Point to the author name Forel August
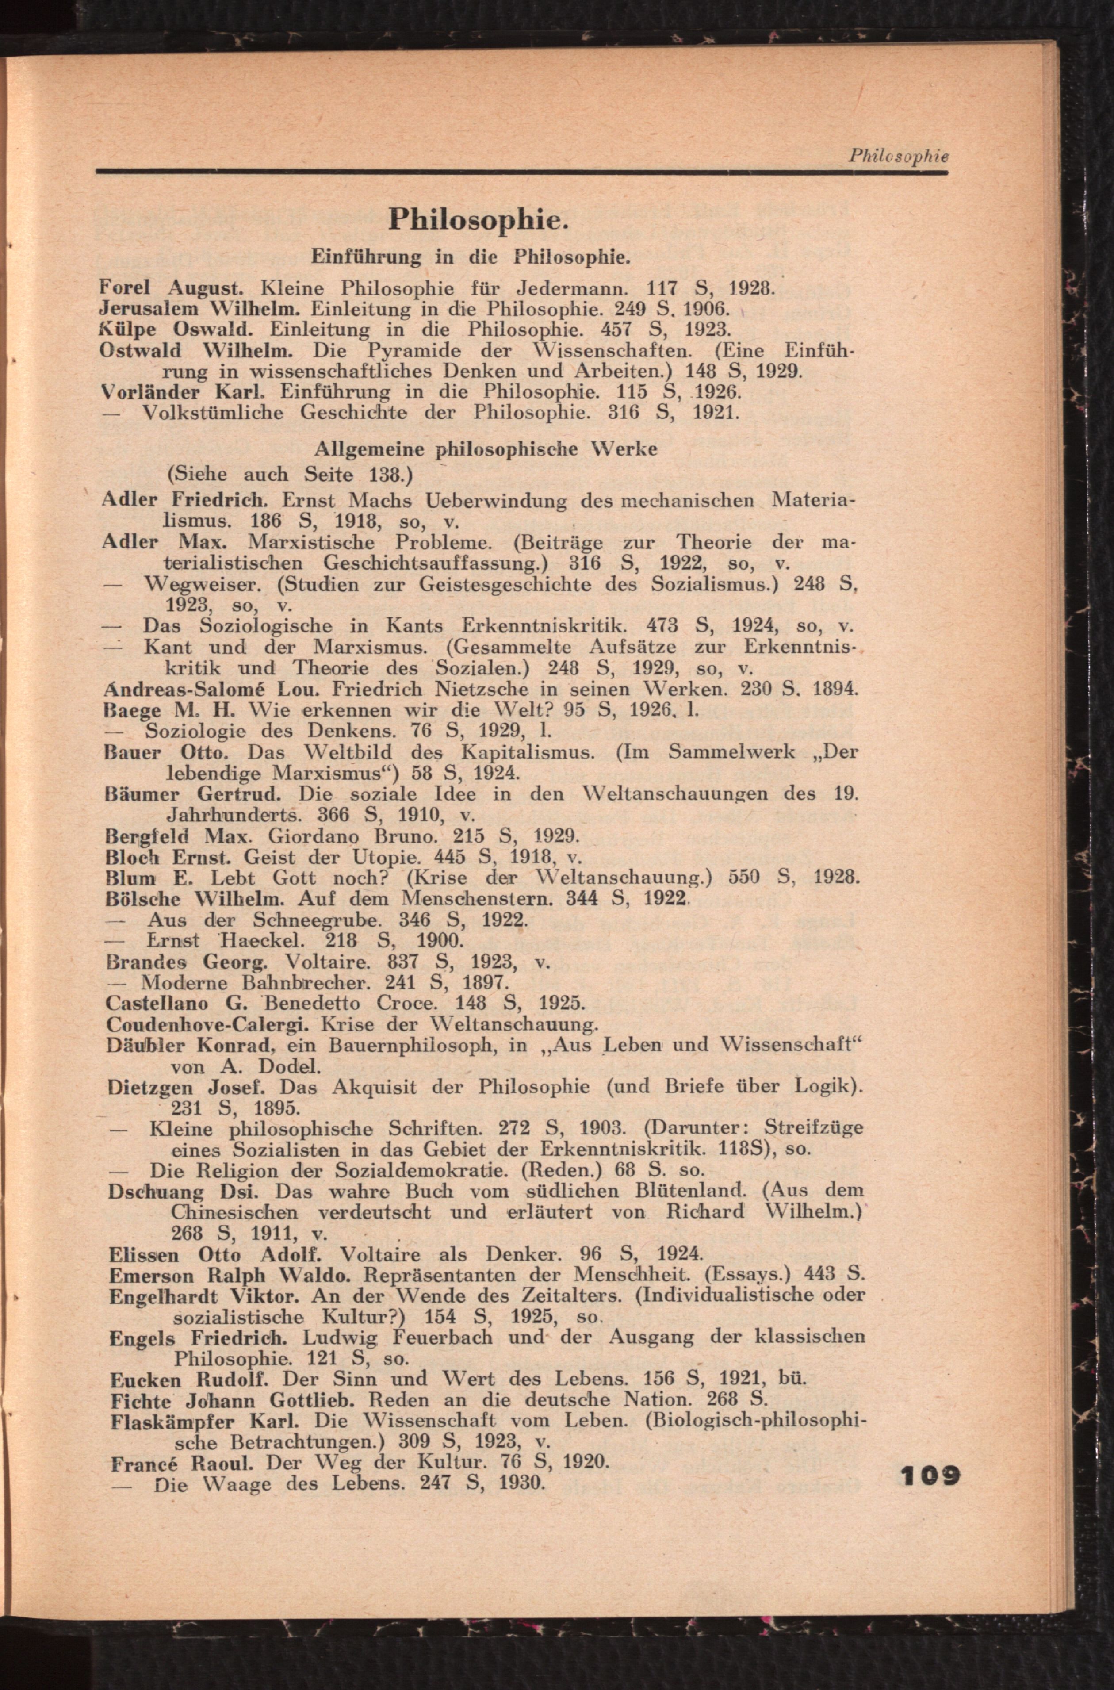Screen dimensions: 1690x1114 pyautogui.click(x=172, y=288)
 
